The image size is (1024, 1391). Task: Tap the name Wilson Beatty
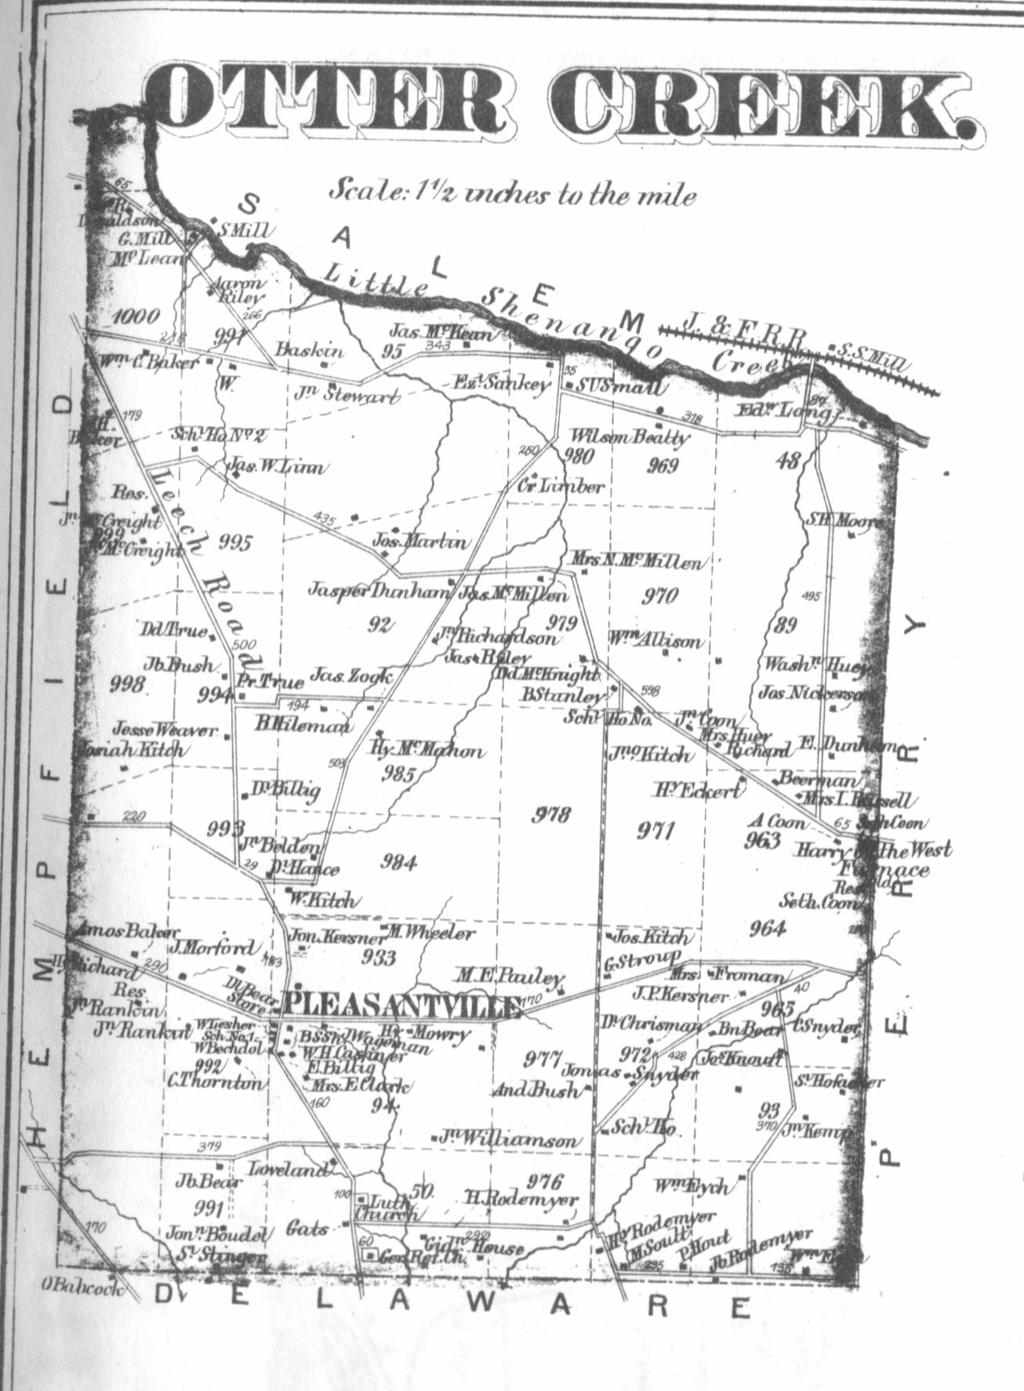[x=630, y=436]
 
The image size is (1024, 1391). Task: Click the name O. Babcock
[x=82, y=1287]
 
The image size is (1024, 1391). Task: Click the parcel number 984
[x=398, y=862]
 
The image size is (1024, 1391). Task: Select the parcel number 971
[x=655, y=831]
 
